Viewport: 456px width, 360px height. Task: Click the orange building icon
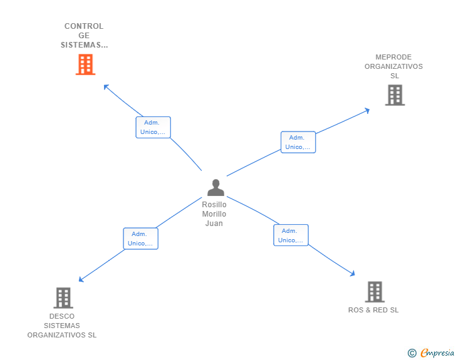coord(85,64)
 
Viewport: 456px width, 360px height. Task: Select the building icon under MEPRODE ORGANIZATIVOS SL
coord(395,95)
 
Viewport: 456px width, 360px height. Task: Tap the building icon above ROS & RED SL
coord(375,292)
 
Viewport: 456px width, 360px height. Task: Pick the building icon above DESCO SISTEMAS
coord(63,298)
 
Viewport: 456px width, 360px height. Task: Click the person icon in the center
coord(215,187)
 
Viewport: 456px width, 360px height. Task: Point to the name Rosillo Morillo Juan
coord(214,214)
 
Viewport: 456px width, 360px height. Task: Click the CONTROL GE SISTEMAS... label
coord(84,36)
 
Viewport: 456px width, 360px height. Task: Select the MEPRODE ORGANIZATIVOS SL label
coord(394,66)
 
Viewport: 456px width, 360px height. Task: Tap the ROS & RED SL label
coord(373,310)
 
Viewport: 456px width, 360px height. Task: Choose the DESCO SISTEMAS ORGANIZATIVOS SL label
coord(62,326)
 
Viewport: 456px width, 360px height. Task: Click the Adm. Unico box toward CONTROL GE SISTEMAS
coord(153,127)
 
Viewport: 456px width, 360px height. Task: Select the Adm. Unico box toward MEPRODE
coord(298,142)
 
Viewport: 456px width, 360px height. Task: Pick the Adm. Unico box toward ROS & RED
coord(291,235)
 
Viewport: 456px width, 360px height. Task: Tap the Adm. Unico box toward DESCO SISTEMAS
coord(141,239)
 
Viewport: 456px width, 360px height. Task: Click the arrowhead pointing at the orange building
coord(106,86)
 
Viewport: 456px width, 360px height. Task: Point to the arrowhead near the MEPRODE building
coord(367,110)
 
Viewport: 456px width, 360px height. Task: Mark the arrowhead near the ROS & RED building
coord(353,274)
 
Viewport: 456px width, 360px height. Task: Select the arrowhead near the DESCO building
coord(81,279)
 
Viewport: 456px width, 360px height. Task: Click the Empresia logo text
coord(437,352)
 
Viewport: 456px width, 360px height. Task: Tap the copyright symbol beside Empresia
coord(412,353)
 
